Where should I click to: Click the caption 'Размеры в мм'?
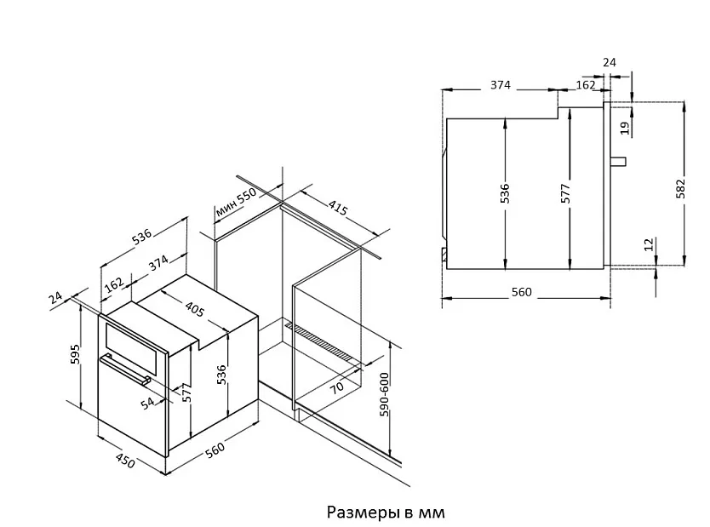pos(386,513)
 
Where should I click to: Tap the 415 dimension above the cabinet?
pos(338,207)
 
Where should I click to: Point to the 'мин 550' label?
pos(236,203)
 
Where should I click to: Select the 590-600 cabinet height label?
pos(384,395)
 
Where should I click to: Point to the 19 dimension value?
pos(625,128)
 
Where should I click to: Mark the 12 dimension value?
pos(649,245)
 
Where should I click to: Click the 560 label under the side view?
pos(521,292)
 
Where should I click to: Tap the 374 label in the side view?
pos(501,85)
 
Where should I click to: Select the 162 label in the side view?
pos(586,85)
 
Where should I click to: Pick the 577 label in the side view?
pos(566,192)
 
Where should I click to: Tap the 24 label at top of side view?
pos(609,62)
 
